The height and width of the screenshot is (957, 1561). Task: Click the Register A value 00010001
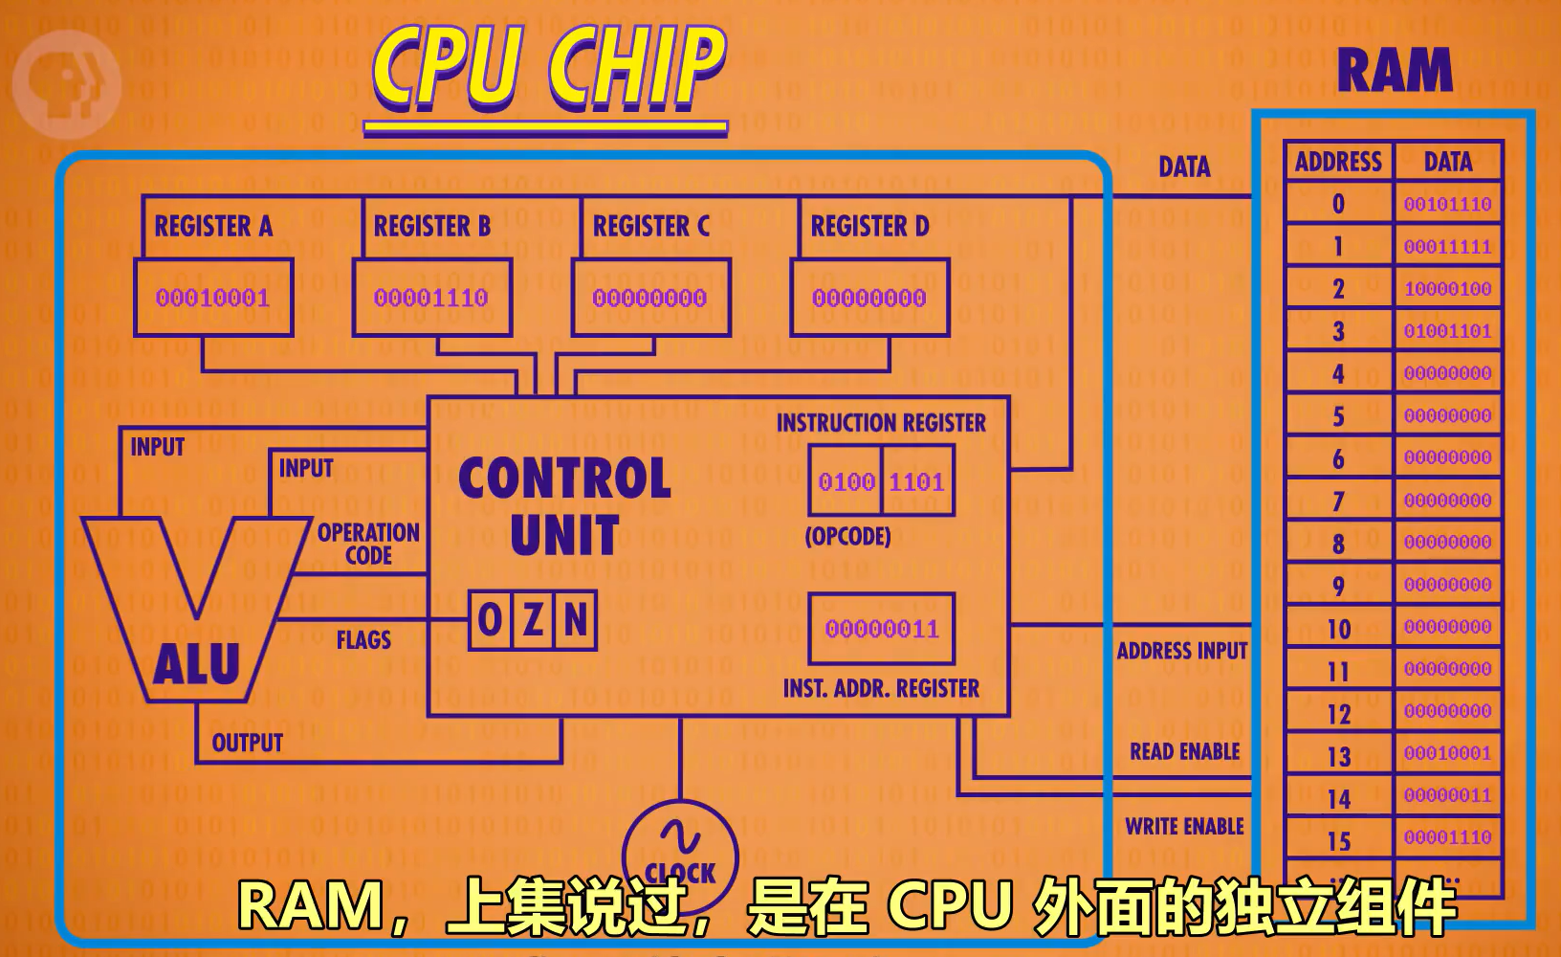pyautogui.click(x=212, y=298)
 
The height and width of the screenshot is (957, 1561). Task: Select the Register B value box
pyautogui.click(x=431, y=298)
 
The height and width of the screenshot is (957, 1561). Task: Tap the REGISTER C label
pyautogui.click(x=650, y=227)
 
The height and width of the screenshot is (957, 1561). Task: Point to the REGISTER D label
pyautogui.click(x=869, y=227)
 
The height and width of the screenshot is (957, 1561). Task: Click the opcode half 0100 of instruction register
pyautogui.click(x=846, y=481)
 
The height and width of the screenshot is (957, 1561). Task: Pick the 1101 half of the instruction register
pyautogui.click(x=917, y=481)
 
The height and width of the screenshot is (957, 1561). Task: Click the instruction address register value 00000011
pyautogui.click(x=881, y=629)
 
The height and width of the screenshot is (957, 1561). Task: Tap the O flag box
pyautogui.click(x=490, y=620)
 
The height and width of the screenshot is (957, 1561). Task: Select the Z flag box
pyautogui.click(x=533, y=620)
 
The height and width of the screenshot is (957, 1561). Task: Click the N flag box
pyautogui.click(x=576, y=620)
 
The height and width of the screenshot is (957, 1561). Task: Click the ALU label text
pyautogui.click(x=196, y=664)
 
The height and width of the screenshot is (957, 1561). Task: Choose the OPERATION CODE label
pyautogui.click(x=368, y=544)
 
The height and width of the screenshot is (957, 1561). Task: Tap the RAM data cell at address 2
pyautogui.click(x=1447, y=289)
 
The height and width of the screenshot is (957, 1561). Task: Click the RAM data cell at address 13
pyautogui.click(x=1447, y=753)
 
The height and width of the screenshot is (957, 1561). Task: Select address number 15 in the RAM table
pyautogui.click(x=1338, y=841)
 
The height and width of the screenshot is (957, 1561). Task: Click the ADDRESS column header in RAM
pyautogui.click(x=1338, y=162)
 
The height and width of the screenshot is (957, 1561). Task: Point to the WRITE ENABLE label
pyautogui.click(x=1184, y=826)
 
